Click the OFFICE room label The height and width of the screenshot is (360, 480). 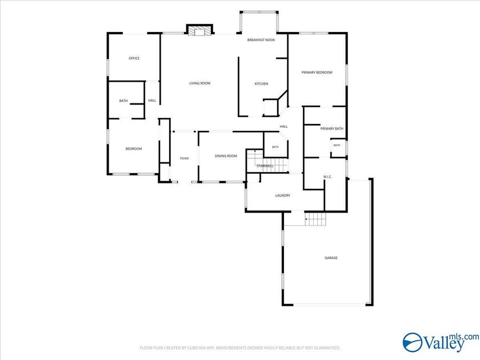(134, 58)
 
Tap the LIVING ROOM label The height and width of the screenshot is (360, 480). (199, 83)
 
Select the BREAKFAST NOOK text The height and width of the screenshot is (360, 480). (261, 40)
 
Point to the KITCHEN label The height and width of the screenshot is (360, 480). (262, 83)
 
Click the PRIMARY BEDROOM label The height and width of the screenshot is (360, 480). (317, 73)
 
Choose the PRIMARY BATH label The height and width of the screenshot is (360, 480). (332, 129)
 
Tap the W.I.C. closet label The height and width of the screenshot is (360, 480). (327, 177)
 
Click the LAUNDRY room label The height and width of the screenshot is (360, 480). (282, 195)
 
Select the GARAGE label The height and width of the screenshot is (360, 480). (331, 258)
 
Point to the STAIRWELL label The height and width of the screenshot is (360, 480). (265, 166)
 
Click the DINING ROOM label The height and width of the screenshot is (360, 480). (226, 156)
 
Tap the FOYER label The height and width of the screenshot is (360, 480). (184, 159)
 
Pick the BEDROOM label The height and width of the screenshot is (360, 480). (134, 149)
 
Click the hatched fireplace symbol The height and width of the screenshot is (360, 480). (199, 31)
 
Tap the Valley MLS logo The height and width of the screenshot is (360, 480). (441, 342)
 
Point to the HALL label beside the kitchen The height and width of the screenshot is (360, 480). (284, 126)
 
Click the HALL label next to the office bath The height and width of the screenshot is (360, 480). (152, 101)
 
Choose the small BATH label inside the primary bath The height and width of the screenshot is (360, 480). (337, 145)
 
